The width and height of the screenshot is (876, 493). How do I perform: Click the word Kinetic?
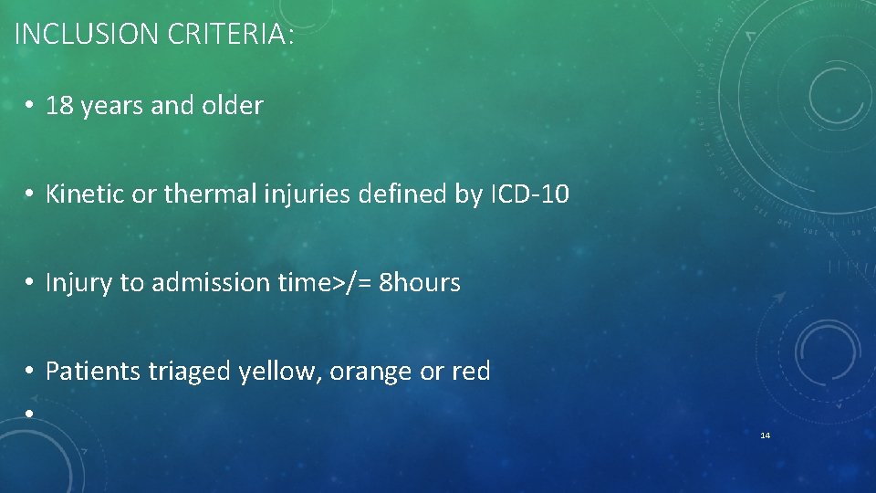(x=82, y=194)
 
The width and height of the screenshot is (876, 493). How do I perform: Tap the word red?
(x=472, y=372)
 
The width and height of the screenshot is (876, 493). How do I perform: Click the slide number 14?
(x=765, y=435)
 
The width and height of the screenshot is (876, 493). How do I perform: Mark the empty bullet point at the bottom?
(x=30, y=413)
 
